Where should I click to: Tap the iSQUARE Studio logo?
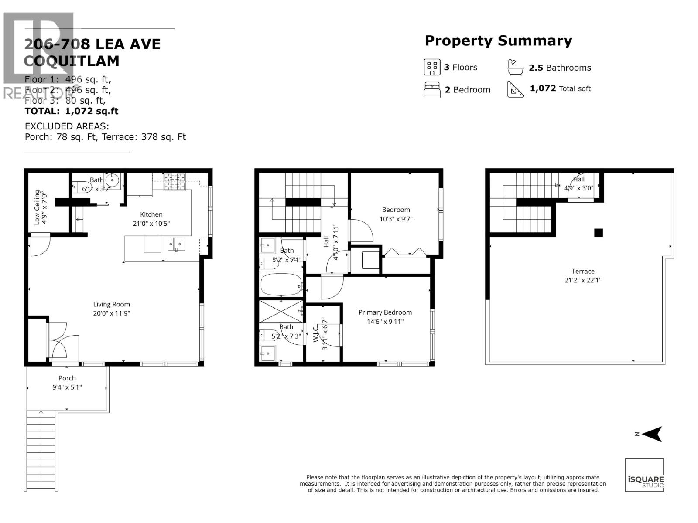click(x=644, y=475)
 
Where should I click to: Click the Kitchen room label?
click(x=151, y=214)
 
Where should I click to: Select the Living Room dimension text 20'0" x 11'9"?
click(x=111, y=313)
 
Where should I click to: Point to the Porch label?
click(x=67, y=378)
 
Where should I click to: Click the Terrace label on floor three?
click(x=583, y=271)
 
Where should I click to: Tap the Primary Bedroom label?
click(x=385, y=312)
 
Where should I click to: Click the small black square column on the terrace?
click(x=599, y=233)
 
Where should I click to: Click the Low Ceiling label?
click(x=37, y=207)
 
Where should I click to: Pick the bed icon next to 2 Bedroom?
click(x=432, y=89)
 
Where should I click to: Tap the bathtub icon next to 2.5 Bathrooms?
click(x=515, y=68)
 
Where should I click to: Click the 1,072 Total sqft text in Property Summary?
click(x=560, y=88)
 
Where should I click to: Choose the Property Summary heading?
click(x=498, y=41)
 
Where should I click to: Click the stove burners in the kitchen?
click(x=174, y=182)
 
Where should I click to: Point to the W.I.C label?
click(x=316, y=334)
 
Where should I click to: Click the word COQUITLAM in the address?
click(x=72, y=61)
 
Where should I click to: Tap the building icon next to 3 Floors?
click(x=432, y=67)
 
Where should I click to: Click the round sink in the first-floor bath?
click(x=113, y=179)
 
